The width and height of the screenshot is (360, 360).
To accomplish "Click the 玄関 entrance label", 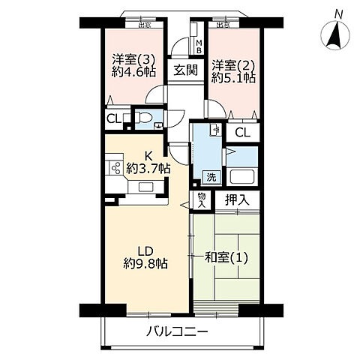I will click(186, 71).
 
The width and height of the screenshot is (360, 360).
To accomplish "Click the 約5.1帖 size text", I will click(233, 78).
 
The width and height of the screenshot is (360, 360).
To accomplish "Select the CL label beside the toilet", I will click(115, 118).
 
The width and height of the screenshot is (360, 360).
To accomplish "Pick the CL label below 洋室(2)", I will click(241, 133).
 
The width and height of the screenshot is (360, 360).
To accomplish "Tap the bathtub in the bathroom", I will click(243, 177).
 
